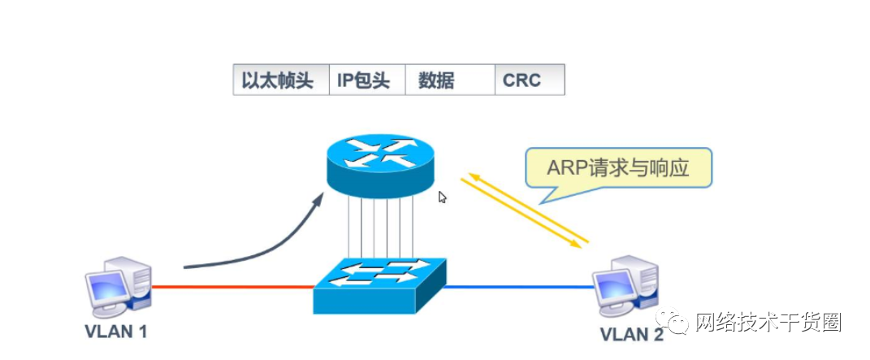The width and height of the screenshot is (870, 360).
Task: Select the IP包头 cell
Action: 366,80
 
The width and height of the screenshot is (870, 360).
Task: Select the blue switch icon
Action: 380,285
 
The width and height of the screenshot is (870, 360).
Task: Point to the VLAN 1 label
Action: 115,332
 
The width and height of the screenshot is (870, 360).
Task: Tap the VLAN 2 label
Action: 631,334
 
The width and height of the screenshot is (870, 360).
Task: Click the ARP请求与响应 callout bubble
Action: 618,168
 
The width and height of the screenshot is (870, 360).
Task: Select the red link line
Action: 232,286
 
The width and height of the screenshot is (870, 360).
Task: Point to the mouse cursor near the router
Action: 443,197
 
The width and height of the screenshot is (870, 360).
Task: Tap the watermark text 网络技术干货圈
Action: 767,323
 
